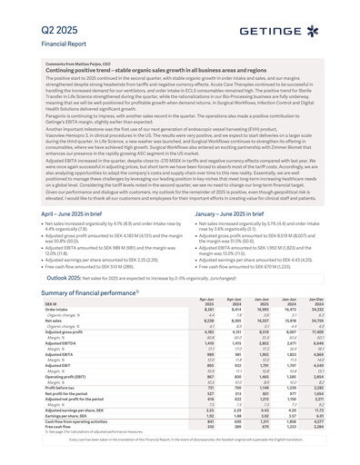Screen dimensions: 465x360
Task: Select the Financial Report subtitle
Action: click(x=47, y=43)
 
